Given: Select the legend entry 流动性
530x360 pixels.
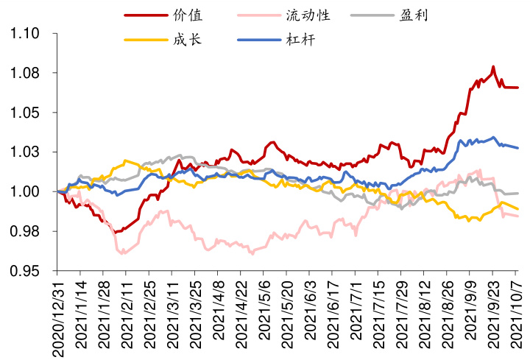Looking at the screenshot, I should coord(310,15).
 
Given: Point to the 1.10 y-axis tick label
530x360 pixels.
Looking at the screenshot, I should coord(25,34).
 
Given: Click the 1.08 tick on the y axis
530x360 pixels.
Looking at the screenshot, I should coord(25,74).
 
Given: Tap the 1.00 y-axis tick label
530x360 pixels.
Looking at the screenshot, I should coord(25,192).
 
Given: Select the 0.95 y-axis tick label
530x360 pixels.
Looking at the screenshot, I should coord(25,272).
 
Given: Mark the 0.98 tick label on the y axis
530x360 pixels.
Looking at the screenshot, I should coord(25,232).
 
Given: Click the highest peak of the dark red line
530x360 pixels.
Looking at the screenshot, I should coord(492,67).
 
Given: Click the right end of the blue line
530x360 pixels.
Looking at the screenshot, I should coord(517,148).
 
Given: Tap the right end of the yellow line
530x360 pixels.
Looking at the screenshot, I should coord(517,209).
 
